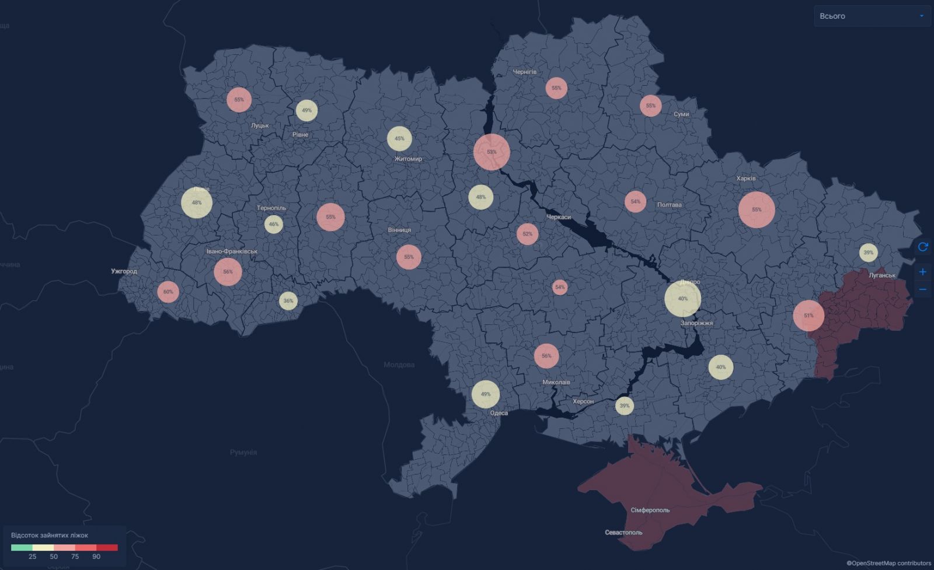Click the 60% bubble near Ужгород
[x=168, y=292]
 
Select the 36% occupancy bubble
[x=288, y=301]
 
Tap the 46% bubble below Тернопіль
[x=274, y=224]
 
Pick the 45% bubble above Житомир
[x=399, y=139]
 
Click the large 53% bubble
[x=492, y=152]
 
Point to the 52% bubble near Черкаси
[x=528, y=234]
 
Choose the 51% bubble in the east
[x=808, y=316]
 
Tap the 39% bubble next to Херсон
[x=625, y=405]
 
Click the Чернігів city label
[x=524, y=72]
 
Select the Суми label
[x=681, y=114]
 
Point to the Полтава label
[x=669, y=205]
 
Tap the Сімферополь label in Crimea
[x=650, y=510]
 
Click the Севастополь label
[x=623, y=533]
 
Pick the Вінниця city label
[x=399, y=230]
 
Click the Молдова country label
[x=399, y=365]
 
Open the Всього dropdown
[x=872, y=16]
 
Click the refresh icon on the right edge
[x=923, y=247]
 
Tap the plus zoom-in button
[x=923, y=272]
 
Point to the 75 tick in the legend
[x=75, y=557]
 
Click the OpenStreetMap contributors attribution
[x=888, y=563]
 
